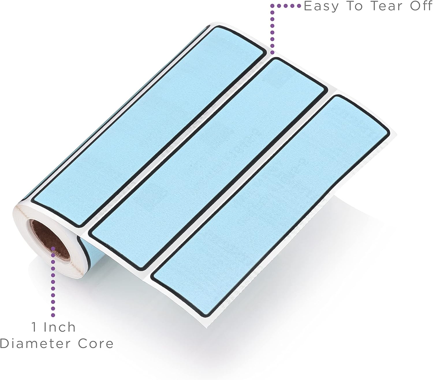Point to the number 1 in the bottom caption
[34, 327]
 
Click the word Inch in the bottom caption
[60, 327]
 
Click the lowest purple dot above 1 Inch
[53, 315]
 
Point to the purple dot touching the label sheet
[272, 52]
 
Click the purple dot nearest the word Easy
[299, 6]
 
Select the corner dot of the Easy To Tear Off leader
[272, 6]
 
